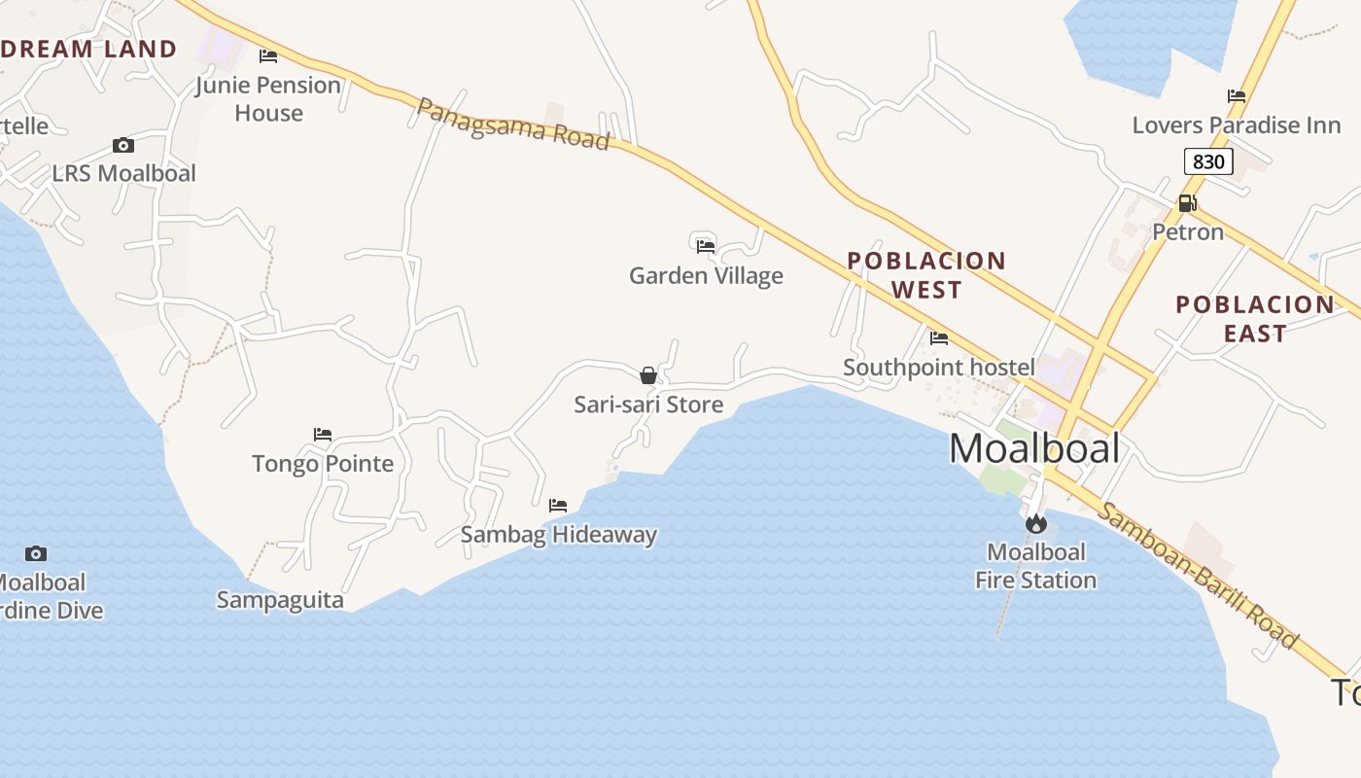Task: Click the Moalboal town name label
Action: (1034, 448)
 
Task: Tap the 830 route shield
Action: (1208, 161)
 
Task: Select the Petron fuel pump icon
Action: (1187, 203)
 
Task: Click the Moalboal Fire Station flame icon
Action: (1036, 524)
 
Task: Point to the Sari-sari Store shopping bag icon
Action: (648, 375)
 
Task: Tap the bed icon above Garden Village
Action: (706, 246)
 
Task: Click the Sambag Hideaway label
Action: (559, 534)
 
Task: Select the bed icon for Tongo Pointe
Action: (323, 434)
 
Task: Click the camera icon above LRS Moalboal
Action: (123, 146)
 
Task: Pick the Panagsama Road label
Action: (512, 124)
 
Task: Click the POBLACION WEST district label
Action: (926, 275)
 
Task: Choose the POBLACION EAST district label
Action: (1255, 319)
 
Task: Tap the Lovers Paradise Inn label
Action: (1237, 125)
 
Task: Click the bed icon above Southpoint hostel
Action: (939, 338)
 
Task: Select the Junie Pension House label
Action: (268, 99)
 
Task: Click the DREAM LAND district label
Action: (88, 49)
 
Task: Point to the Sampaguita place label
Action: (280, 600)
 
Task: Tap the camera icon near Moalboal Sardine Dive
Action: (36, 554)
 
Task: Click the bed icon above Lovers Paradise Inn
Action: (1237, 96)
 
